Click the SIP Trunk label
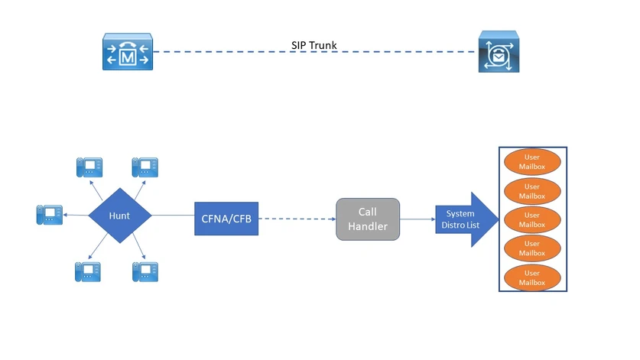(x=314, y=46)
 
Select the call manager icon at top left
(x=128, y=52)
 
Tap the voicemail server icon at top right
(x=499, y=52)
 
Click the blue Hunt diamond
(x=119, y=216)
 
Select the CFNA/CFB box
(x=226, y=219)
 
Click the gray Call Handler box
(x=368, y=219)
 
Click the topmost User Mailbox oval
(x=532, y=162)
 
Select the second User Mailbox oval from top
(x=532, y=191)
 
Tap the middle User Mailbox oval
(x=532, y=220)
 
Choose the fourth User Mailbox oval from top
(x=532, y=248)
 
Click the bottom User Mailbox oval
(x=532, y=277)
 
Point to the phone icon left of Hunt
(x=50, y=215)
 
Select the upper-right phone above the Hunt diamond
(x=145, y=167)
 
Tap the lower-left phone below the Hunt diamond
(x=88, y=271)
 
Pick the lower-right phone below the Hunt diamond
(x=145, y=271)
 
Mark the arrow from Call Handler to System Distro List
(x=417, y=219)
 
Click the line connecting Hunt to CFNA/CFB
(x=173, y=216)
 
